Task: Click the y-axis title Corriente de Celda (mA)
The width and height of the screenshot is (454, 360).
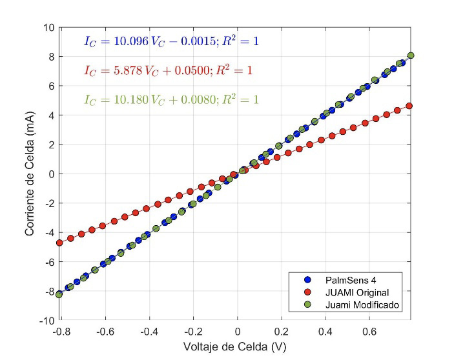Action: (x=30, y=174)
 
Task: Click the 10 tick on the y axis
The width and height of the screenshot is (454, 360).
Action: (x=49, y=28)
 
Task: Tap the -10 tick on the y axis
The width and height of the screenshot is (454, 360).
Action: (x=46, y=321)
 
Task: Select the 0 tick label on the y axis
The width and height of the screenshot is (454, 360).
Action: (x=52, y=174)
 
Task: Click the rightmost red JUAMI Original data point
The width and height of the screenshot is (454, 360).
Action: (x=408, y=106)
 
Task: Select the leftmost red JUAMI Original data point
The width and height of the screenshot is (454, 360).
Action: (x=60, y=243)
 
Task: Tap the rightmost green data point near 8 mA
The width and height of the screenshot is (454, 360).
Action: (x=411, y=55)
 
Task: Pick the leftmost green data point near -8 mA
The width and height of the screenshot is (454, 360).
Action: (x=59, y=294)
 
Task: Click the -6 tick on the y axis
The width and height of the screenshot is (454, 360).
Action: (x=49, y=262)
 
